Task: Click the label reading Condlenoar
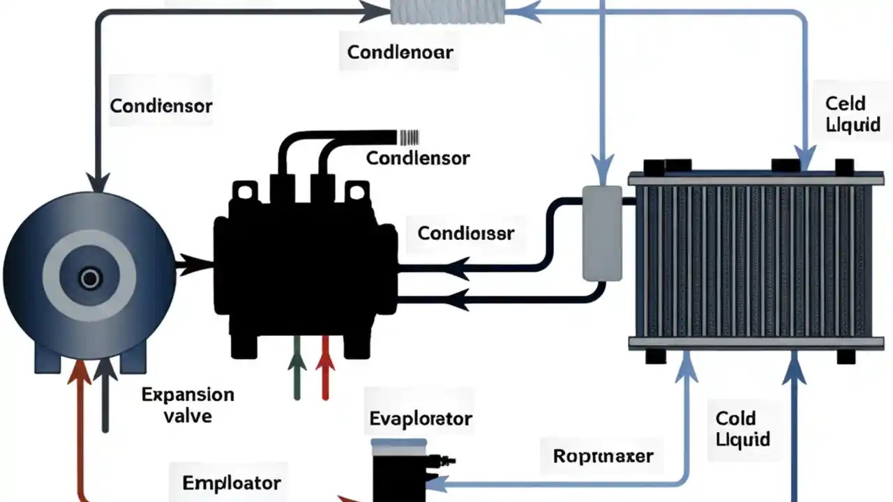[x=400, y=52]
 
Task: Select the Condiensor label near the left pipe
[x=161, y=106]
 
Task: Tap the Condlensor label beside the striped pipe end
[x=418, y=158]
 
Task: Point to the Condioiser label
[x=465, y=233]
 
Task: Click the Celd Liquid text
[x=845, y=114]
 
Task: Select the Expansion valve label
[x=188, y=405]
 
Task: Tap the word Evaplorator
[x=420, y=418]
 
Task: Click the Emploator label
[x=232, y=482]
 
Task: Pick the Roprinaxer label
[x=603, y=457]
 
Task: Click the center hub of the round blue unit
[x=89, y=279]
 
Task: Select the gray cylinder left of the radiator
[x=601, y=234]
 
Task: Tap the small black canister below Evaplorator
[x=400, y=471]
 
